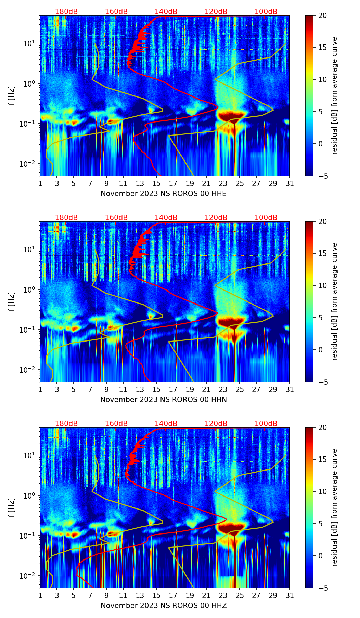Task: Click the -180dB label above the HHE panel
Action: (x=65, y=12)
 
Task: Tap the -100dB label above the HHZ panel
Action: (x=265, y=424)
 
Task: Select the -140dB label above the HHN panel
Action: (x=165, y=218)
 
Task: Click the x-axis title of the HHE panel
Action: (x=164, y=194)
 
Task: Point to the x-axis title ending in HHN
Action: (x=164, y=400)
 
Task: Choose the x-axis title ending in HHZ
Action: (x=164, y=606)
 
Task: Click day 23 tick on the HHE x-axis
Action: (x=223, y=183)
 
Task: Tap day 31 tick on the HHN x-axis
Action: (x=290, y=389)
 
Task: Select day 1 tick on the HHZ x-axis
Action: (x=40, y=595)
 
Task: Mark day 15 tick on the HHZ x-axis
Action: (x=156, y=595)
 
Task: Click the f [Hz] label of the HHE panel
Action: (x=12, y=95)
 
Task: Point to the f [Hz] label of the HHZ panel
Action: (x=12, y=507)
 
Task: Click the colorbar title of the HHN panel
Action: (x=334, y=301)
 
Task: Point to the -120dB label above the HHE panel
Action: (x=215, y=12)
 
